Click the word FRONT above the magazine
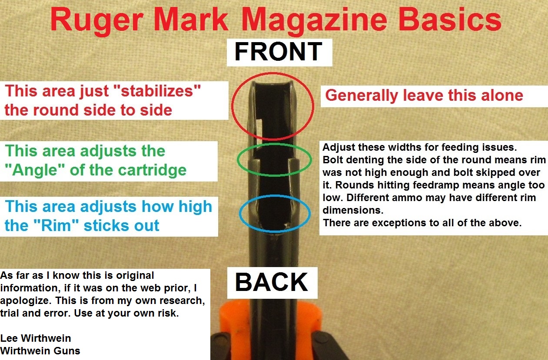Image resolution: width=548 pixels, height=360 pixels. pos(278,51)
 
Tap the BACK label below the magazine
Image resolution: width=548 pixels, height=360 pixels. pos(272,282)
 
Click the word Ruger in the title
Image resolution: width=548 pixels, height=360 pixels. pos(97,20)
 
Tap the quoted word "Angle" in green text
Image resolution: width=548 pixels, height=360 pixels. pos(35,170)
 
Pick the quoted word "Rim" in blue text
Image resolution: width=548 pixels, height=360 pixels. pos(56,225)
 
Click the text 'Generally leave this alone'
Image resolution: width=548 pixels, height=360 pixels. pos(424,95)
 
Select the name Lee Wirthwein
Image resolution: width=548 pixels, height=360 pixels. pos(36,338)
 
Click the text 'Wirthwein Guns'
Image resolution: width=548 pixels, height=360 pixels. pos(40,351)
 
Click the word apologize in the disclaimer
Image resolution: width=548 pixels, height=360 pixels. pos(26,301)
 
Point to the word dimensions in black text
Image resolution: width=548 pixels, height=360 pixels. pos(353,210)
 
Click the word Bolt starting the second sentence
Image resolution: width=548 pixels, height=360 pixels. pos(333,160)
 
